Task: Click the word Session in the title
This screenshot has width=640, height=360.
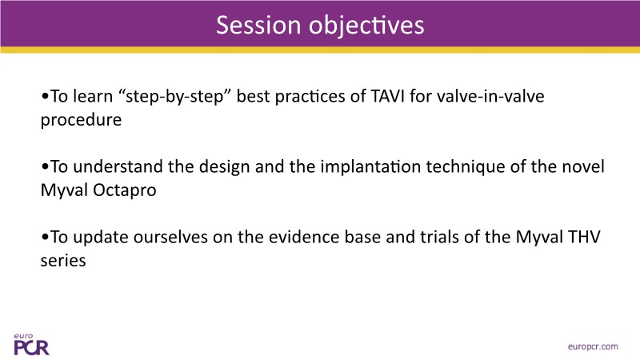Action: pos(258,25)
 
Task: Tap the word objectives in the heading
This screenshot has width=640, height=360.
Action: pos(366,26)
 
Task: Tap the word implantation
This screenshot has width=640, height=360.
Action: pos(370,167)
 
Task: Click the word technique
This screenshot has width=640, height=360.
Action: pos(465,167)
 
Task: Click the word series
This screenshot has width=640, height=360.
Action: pos(63,261)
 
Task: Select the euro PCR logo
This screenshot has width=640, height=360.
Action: pos(31,345)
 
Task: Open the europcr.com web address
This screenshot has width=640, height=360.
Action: pos(593,346)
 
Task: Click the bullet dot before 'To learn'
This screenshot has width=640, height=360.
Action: pos(45,97)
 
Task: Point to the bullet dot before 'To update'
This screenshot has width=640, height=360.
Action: pos(45,238)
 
